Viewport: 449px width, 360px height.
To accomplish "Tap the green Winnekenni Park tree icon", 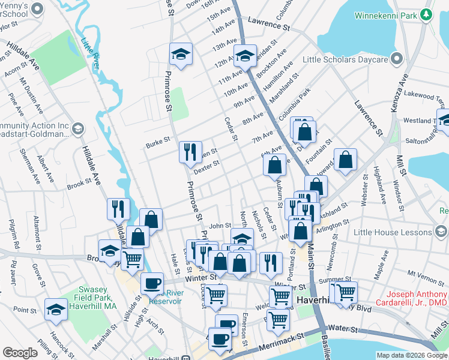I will click(427, 14).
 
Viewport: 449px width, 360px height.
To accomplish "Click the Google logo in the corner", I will click(20, 353).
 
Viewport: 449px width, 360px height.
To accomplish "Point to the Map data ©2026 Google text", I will click(412, 355).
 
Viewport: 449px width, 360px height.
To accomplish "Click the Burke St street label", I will click(158, 145).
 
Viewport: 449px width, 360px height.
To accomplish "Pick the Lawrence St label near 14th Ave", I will click(271, 26).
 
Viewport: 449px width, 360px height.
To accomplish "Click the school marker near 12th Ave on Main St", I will click(244, 56).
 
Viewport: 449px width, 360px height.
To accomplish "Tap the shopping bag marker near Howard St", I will click(345, 160).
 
